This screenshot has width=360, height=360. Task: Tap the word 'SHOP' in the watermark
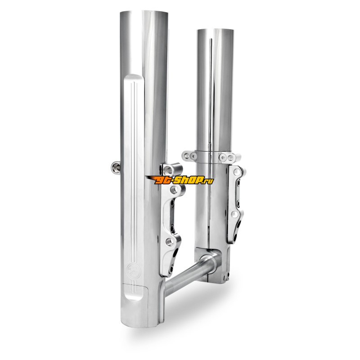(x=188, y=180)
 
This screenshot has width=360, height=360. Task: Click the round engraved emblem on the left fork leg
(x=131, y=269)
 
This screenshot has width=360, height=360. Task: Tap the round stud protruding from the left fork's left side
(x=116, y=166)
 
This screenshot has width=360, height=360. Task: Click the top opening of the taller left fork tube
(x=144, y=12)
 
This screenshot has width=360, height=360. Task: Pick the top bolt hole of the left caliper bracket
(x=175, y=189)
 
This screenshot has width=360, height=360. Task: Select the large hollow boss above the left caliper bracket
(x=172, y=169)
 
